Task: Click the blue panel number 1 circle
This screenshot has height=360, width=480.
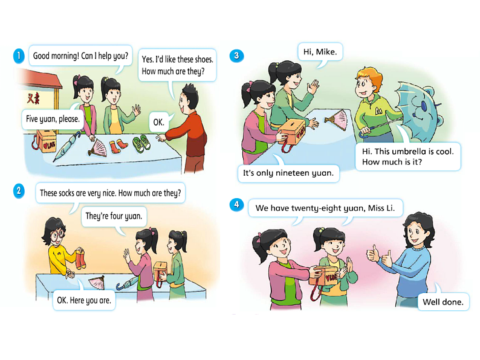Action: point(19,56)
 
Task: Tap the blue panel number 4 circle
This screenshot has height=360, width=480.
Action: point(236,205)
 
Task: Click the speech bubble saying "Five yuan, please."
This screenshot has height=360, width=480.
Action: point(53,119)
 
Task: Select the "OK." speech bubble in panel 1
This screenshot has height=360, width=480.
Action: point(159,122)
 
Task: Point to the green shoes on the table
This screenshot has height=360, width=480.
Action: point(141,143)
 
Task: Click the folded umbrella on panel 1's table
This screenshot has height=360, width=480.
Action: point(67,146)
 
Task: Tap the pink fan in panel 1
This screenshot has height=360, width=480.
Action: point(98,148)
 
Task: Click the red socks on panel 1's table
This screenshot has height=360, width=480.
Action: point(118,146)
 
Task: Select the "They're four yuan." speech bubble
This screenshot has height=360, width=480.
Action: point(114,217)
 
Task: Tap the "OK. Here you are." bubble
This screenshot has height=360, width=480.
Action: point(84,300)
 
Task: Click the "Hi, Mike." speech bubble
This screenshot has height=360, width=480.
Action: point(320,51)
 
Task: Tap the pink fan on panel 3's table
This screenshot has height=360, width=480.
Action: point(337,120)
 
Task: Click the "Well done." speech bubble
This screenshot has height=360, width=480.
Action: point(443,302)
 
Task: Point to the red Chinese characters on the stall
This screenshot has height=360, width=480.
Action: point(33,99)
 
